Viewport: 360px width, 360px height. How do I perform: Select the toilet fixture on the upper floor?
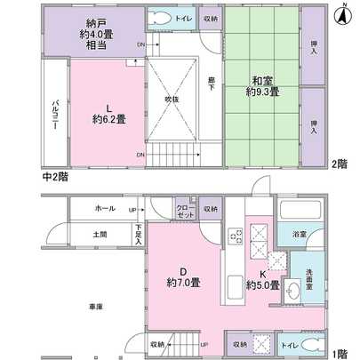pyautogui.click(x=160, y=18)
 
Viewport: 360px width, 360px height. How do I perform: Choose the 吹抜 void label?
pyautogui.click(x=172, y=99)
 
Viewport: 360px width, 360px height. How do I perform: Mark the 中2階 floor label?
pyautogui.click(x=55, y=177)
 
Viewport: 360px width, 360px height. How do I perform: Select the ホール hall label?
pyautogui.click(x=105, y=209)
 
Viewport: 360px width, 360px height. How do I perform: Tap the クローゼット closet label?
pyautogui.click(x=185, y=211)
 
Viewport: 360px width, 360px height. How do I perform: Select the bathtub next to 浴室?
pyautogui.click(x=294, y=212)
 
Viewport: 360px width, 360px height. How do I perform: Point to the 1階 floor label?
pyautogui.click(x=340, y=353)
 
